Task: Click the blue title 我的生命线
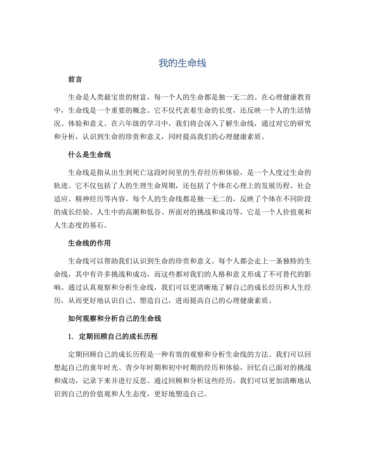tap(182, 63)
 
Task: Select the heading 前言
tap(75, 79)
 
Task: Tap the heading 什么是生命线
tap(89, 155)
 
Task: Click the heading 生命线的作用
tap(89, 242)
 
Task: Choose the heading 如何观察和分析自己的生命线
tap(114, 318)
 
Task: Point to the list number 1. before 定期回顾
tap(71, 337)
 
